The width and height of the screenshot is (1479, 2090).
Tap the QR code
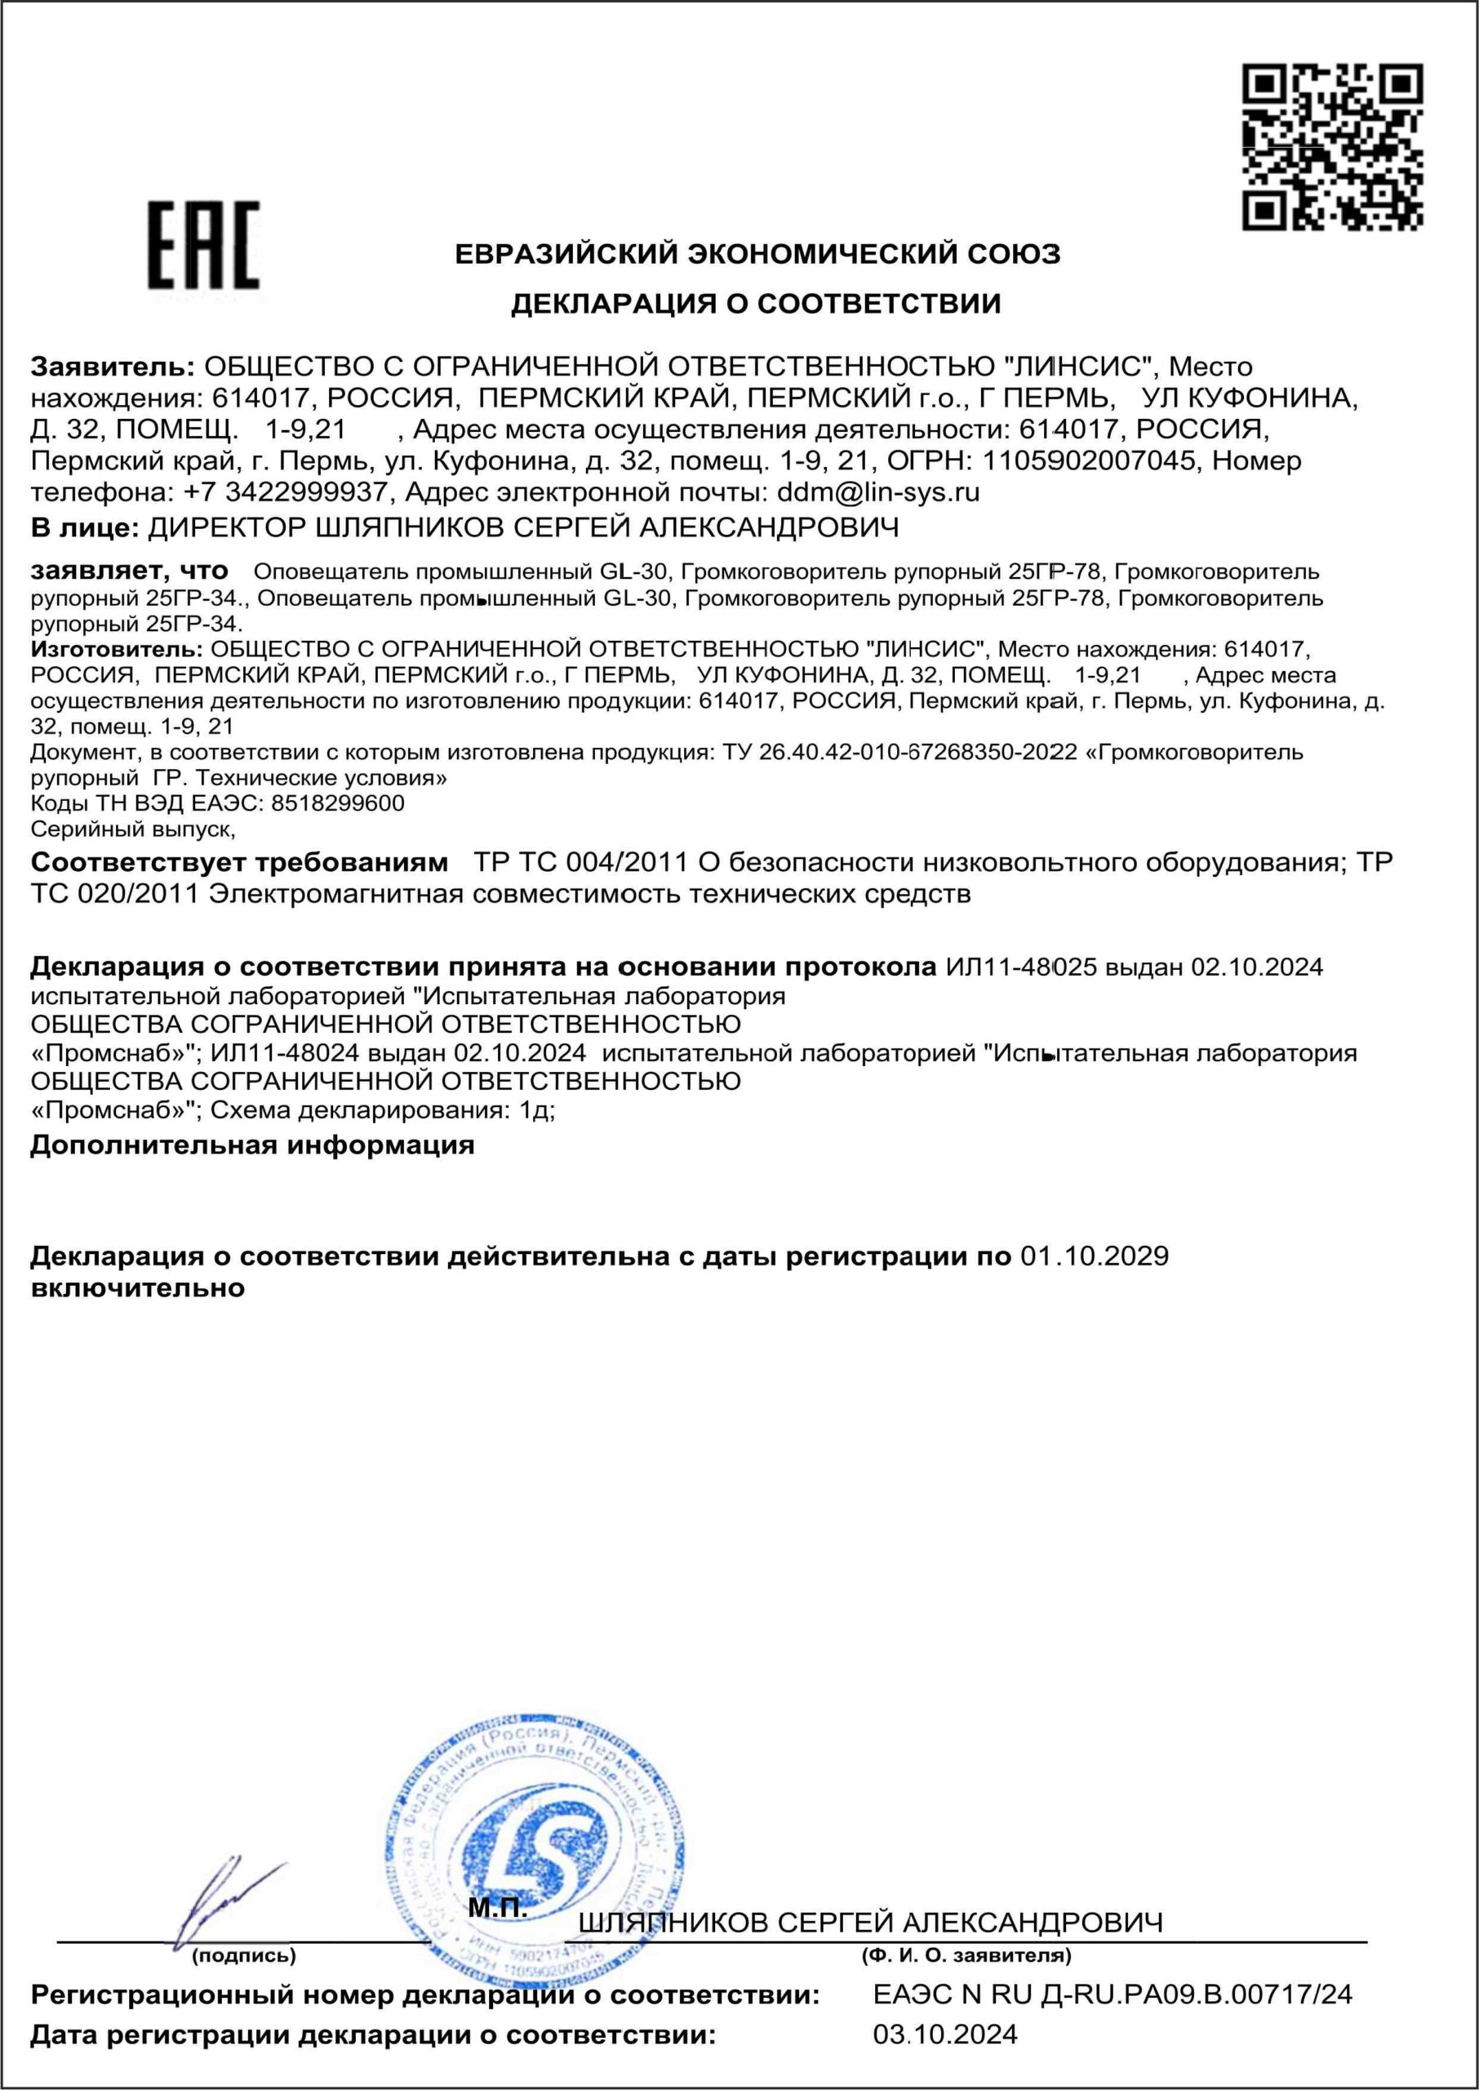click(1333, 145)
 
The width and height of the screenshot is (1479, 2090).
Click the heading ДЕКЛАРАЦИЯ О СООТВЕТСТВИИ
click(755, 303)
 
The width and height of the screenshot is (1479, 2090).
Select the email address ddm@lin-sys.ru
click(878, 492)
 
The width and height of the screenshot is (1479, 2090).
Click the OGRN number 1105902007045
click(1088, 460)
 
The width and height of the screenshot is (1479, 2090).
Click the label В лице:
click(84, 527)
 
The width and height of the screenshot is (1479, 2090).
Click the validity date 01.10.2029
click(1094, 1256)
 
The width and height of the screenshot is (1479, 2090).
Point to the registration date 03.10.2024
click(944, 2060)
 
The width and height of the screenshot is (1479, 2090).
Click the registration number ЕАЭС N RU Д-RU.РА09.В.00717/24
click(1112, 2020)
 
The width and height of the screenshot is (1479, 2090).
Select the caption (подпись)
click(243, 1956)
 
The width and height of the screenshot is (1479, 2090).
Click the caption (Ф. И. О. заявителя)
click(966, 1956)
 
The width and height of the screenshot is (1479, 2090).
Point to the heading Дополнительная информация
click(252, 1145)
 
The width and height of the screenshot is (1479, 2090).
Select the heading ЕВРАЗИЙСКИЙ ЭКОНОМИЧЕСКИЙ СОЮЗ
click(757, 253)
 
